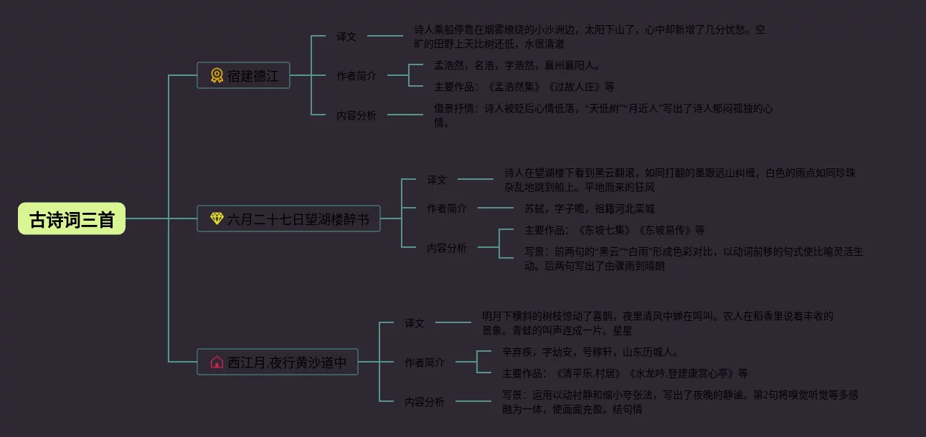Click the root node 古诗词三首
(72, 218)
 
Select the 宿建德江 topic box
(243, 75)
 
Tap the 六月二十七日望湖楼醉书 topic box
(288, 218)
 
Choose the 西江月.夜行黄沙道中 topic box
(278, 362)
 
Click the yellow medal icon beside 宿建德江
(217, 75)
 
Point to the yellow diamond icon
(217, 218)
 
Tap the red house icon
(217, 362)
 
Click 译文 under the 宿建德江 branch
(346, 36)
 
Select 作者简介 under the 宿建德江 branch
(356, 75)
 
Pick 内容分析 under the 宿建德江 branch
(356, 115)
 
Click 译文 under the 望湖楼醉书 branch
(437, 179)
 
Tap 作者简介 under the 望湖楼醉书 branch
(447, 208)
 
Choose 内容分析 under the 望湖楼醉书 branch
(447, 248)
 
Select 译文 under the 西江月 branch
(415, 322)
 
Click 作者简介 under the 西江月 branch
(425, 362)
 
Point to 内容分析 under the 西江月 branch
(425, 401)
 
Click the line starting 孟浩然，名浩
(516, 65)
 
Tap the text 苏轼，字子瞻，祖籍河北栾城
(590, 208)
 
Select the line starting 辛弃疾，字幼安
(590, 352)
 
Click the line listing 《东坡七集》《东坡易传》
(615, 230)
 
